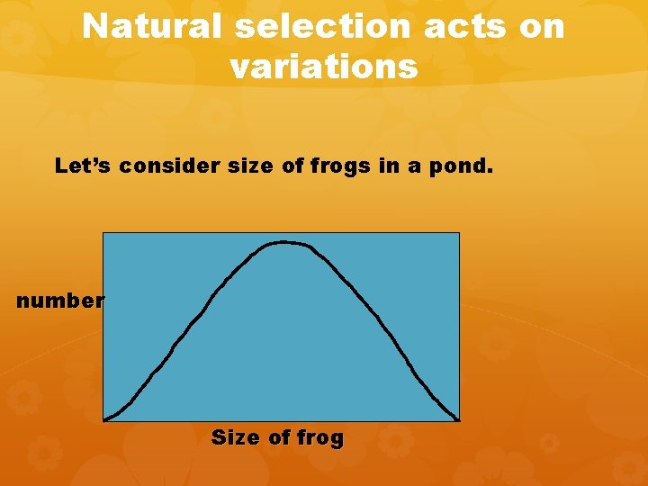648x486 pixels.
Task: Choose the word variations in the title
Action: tap(324, 67)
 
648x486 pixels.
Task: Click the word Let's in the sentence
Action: tap(83, 166)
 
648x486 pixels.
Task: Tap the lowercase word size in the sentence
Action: tap(237, 166)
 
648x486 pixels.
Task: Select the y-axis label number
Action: tap(59, 301)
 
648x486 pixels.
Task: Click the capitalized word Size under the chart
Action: tap(236, 438)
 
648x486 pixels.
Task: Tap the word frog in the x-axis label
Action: tap(320, 438)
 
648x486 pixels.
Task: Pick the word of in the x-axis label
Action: tap(279, 438)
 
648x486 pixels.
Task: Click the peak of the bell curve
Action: tap(283, 241)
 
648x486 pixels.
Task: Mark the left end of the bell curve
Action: tap(105, 419)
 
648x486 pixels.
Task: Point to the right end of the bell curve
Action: tap(458, 419)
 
